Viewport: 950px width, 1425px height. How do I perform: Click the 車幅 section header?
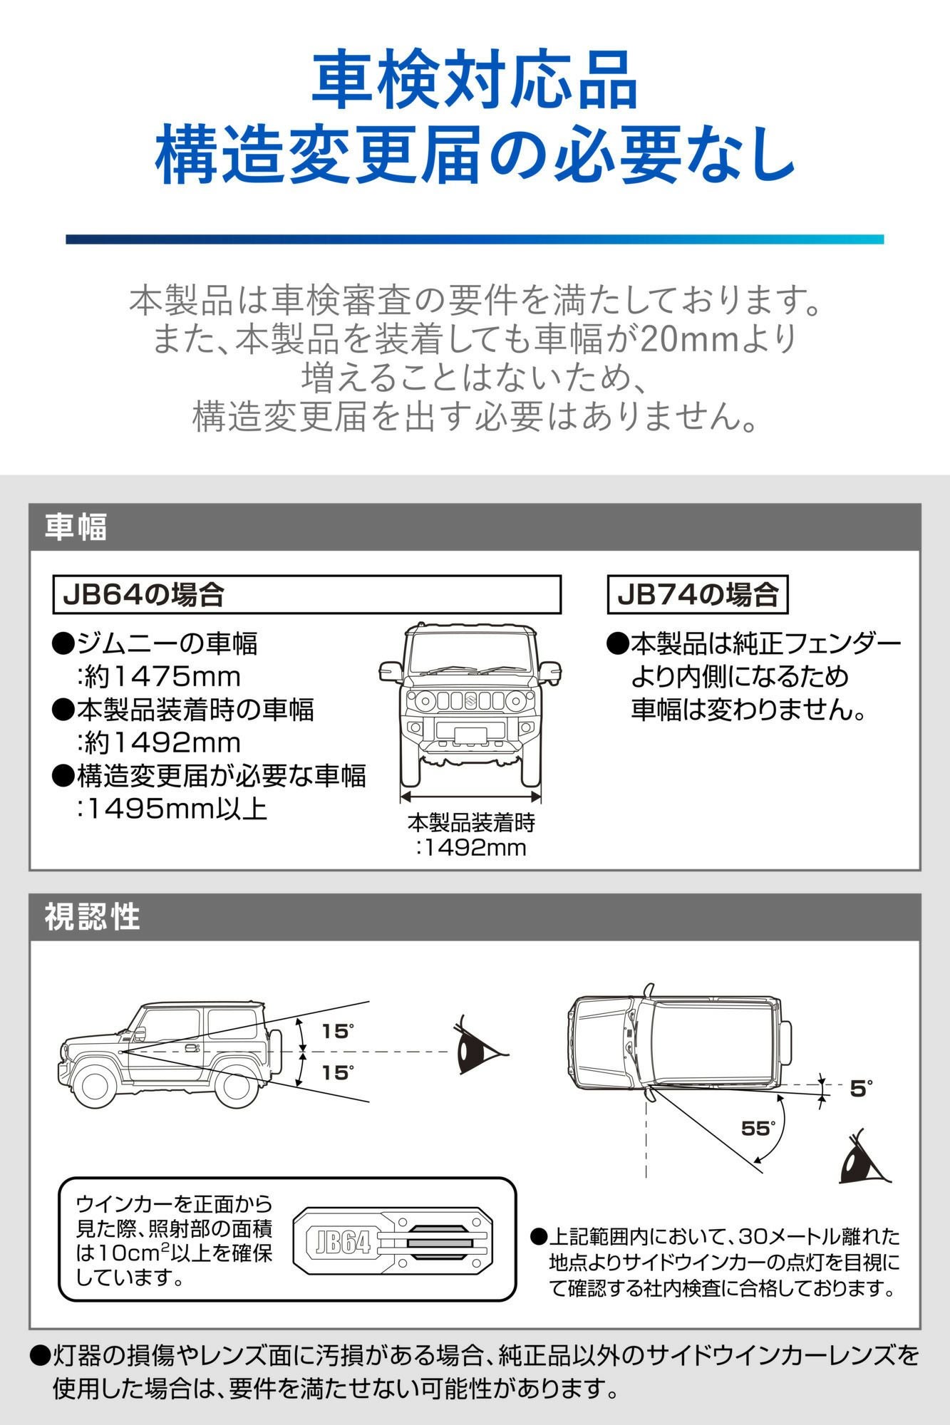(76, 528)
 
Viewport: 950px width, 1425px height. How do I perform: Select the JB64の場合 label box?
(306, 595)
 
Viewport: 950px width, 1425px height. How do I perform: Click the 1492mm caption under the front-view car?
(472, 848)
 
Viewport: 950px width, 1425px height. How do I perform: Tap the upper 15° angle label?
(337, 1032)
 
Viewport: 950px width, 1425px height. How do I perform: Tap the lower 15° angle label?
(337, 1073)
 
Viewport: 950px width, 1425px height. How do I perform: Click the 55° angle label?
(758, 1129)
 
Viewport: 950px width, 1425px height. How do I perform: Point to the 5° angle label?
(861, 1089)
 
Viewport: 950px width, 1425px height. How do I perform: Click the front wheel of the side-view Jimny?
(95, 1087)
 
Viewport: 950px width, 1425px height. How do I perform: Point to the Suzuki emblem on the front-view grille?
(471, 700)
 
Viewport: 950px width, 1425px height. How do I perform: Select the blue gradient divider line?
(475, 239)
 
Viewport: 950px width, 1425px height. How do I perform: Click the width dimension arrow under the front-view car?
(471, 796)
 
